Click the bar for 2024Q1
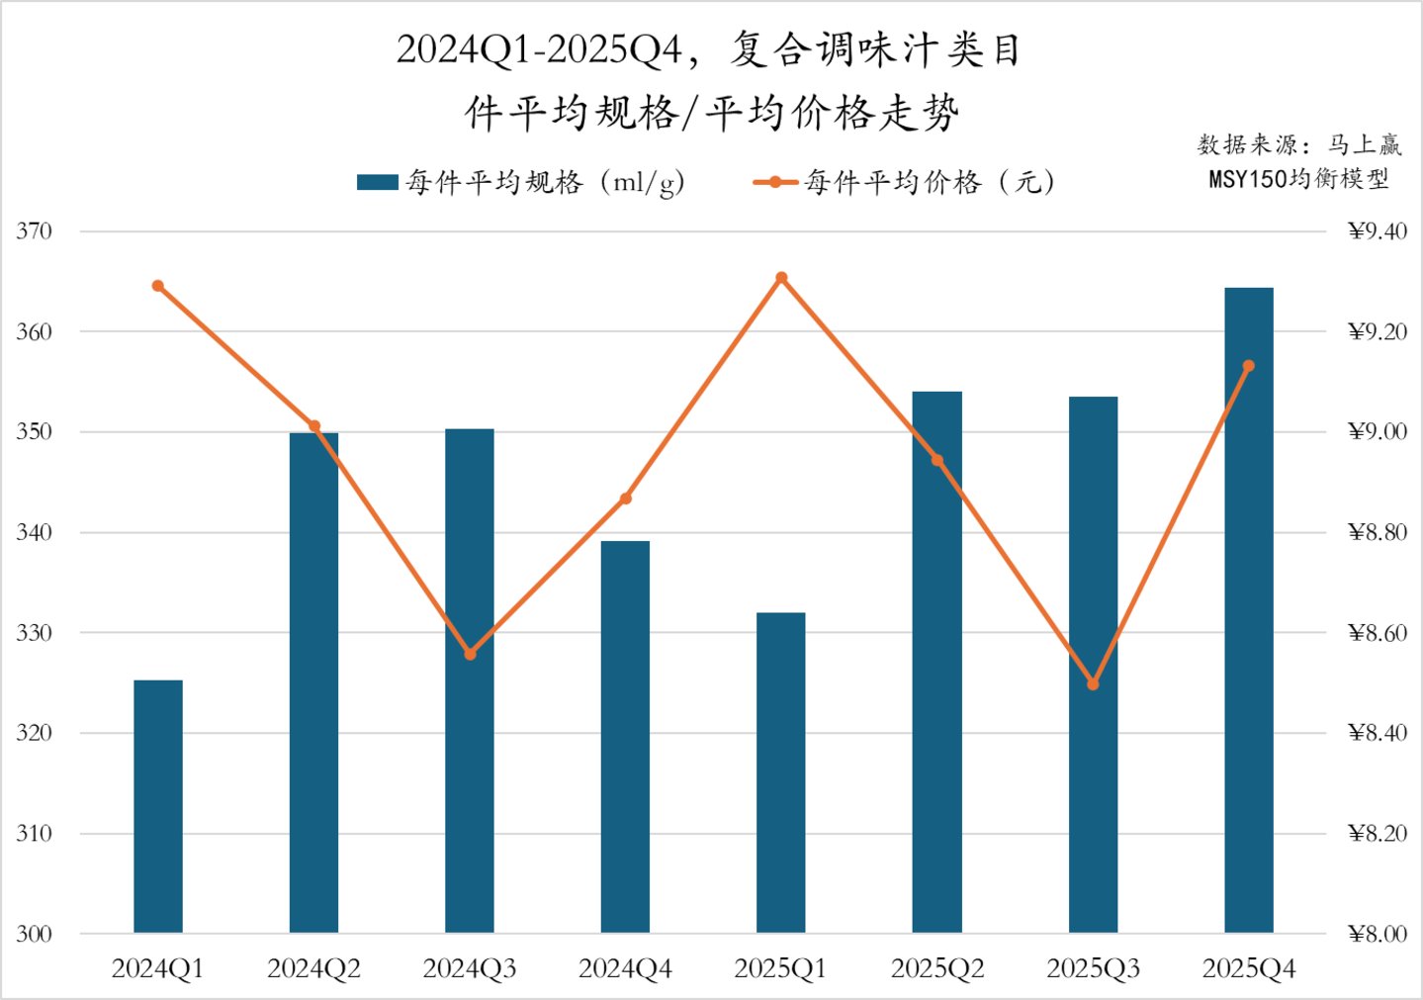(x=158, y=806)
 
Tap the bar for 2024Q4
(x=625, y=737)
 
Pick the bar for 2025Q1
(x=781, y=773)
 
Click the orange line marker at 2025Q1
(x=781, y=278)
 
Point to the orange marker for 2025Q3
(x=1093, y=684)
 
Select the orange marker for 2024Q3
(x=470, y=654)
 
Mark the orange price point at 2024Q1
(x=158, y=286)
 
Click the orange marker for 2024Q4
(x=626, y=499)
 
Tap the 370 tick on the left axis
(x=34, y=231)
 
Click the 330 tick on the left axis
(x=34, y=633)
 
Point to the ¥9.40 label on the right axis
(x=1377, y=231)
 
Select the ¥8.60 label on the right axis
(x=1377, y=633)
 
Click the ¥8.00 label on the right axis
(x=1377, y=934)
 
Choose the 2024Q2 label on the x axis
(x=313, y=968)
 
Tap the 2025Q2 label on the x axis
(x=937, y=968)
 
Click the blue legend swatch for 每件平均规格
(x=377, y=182)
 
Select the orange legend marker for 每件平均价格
(x=775, y=182)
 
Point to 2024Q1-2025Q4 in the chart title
(x=540, y=50)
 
